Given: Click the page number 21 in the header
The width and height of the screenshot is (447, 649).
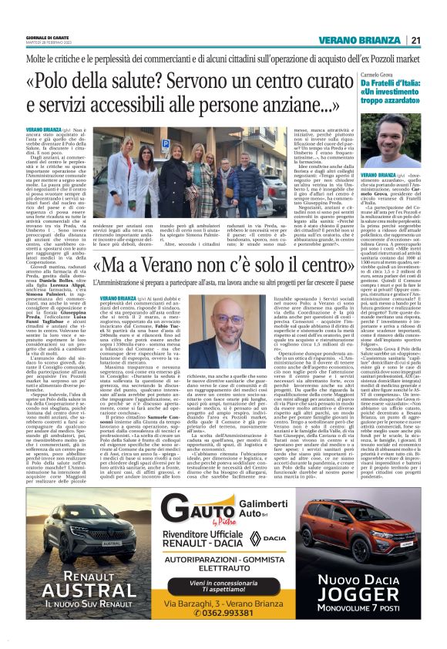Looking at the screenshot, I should [x=415, y=40].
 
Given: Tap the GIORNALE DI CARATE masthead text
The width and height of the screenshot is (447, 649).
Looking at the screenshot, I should [x=46, y=37].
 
